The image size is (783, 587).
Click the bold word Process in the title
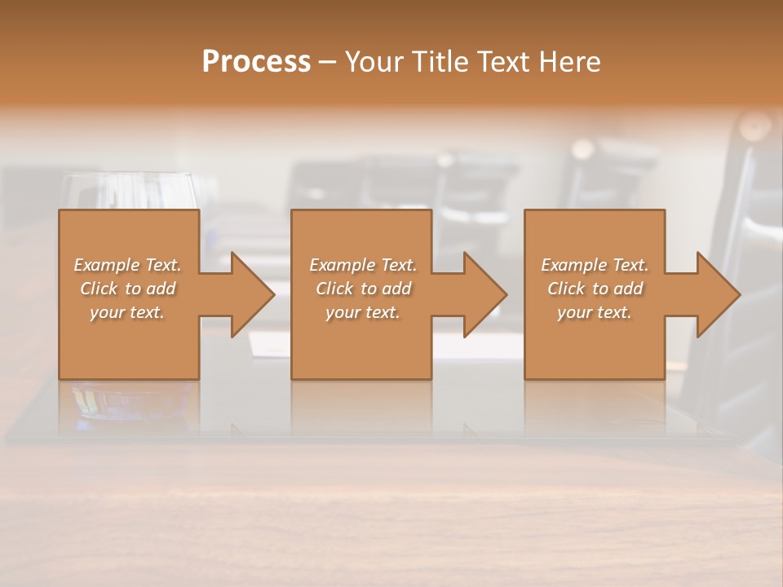click(256, 62)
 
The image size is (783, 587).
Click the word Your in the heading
click(374, 62)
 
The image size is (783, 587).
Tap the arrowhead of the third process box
click(717, 294)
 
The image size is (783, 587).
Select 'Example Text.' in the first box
click(127, 265)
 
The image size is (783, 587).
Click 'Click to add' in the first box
click(127, 289)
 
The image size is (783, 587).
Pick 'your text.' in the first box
click(127, 312)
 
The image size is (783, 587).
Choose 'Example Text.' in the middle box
click(363, 265)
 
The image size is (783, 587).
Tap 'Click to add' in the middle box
click(363, 289)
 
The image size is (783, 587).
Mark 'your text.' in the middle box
click(363, 312)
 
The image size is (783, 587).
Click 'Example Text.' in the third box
click(595, 265)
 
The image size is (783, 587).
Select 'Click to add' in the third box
click(595, 289)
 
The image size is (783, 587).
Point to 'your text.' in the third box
click(595, 312)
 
